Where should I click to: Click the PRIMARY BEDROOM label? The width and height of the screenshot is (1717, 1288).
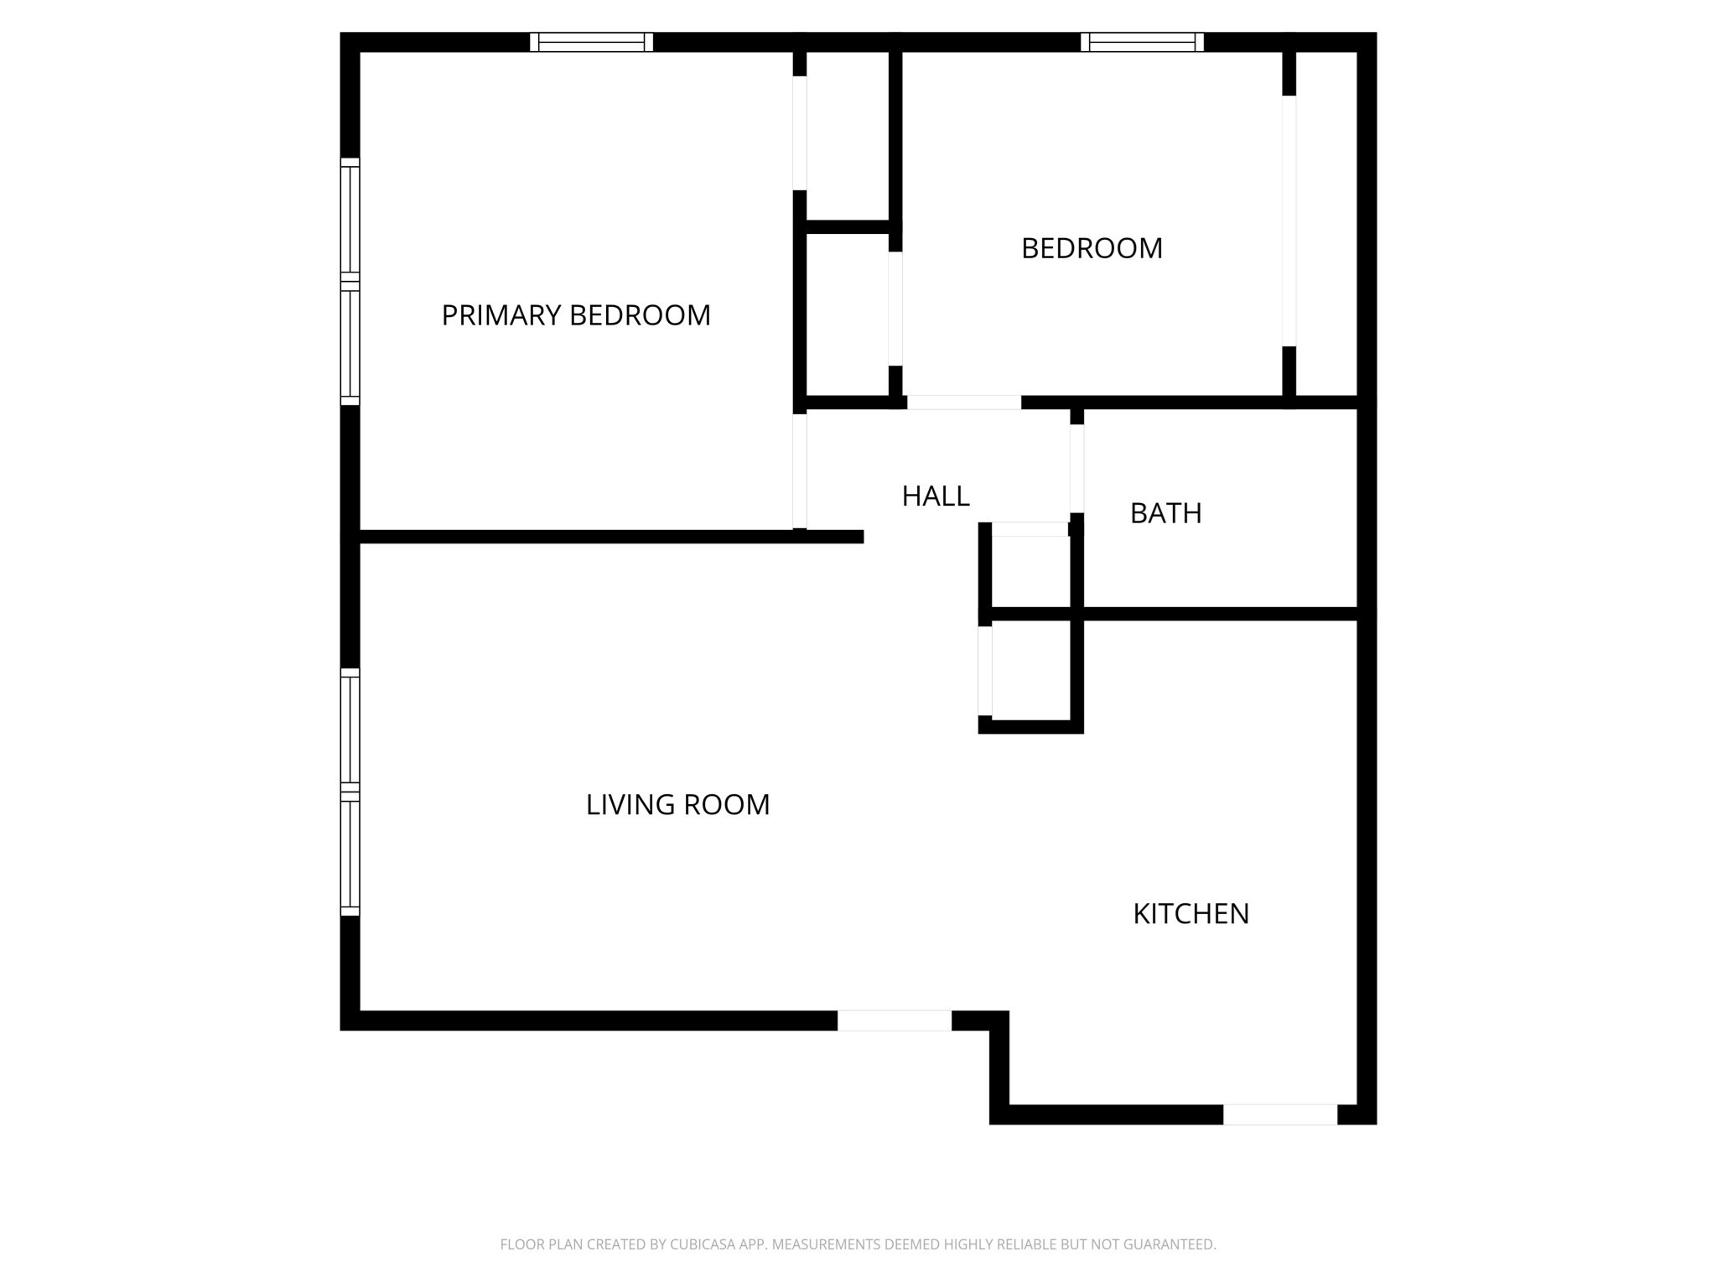pos(576,315)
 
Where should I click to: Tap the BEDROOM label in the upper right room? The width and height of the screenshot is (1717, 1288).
pos(1092,248)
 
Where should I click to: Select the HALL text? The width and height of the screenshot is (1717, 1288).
pos(936,496)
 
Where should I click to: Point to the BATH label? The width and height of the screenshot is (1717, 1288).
pos(1165,513)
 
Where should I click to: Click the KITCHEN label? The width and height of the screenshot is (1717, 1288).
pos(1190,914)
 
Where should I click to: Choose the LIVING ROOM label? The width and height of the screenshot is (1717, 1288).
pos(677,805)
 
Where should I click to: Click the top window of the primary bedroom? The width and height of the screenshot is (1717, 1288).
pos(591,42)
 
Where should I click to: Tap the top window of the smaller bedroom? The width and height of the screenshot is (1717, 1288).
pos(1142,42)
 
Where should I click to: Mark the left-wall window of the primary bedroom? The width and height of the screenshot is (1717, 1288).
pos(350,282)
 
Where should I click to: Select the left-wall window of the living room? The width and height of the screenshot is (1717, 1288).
pos(350,792)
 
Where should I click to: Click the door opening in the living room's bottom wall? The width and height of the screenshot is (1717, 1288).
pos(895,1021)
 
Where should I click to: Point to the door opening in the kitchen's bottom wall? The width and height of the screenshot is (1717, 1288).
pos(1280,1114)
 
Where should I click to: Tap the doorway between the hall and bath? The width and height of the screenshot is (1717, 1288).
pos(1077,468)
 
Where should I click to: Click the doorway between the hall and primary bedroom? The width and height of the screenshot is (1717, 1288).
pos(800,471)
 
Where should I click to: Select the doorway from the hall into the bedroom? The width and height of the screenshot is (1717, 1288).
pos(964,402)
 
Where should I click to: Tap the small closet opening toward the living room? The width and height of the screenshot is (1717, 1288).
pos(985,671)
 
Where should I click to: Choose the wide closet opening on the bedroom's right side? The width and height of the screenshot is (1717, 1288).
pos(1289,221)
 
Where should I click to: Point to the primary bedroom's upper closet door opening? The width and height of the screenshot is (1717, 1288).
pos(800,132)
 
